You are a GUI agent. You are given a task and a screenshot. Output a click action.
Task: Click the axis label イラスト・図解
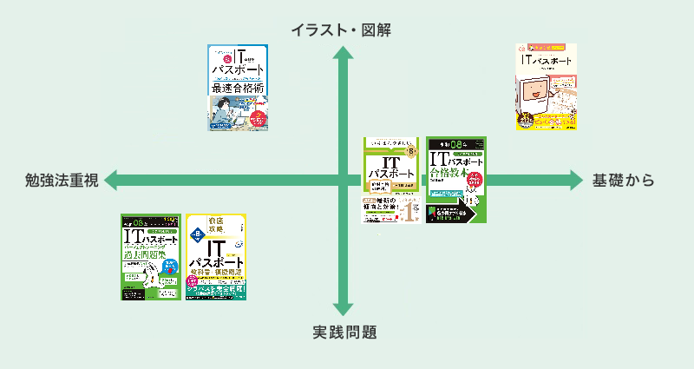pos(342,30)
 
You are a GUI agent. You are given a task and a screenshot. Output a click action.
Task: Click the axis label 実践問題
pos(344,332)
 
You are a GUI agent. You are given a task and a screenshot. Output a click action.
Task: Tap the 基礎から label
pos(622,181)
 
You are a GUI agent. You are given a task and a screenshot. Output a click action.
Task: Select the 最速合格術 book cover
pos(238,87)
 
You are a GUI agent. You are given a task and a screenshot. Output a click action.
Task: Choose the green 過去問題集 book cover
pos(151,257)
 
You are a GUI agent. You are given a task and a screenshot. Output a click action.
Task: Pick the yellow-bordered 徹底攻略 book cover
pos(217,257)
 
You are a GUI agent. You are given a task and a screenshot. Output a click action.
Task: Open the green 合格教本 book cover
pos(456,180)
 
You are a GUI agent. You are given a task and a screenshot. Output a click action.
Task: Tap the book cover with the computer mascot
pos(547,87)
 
